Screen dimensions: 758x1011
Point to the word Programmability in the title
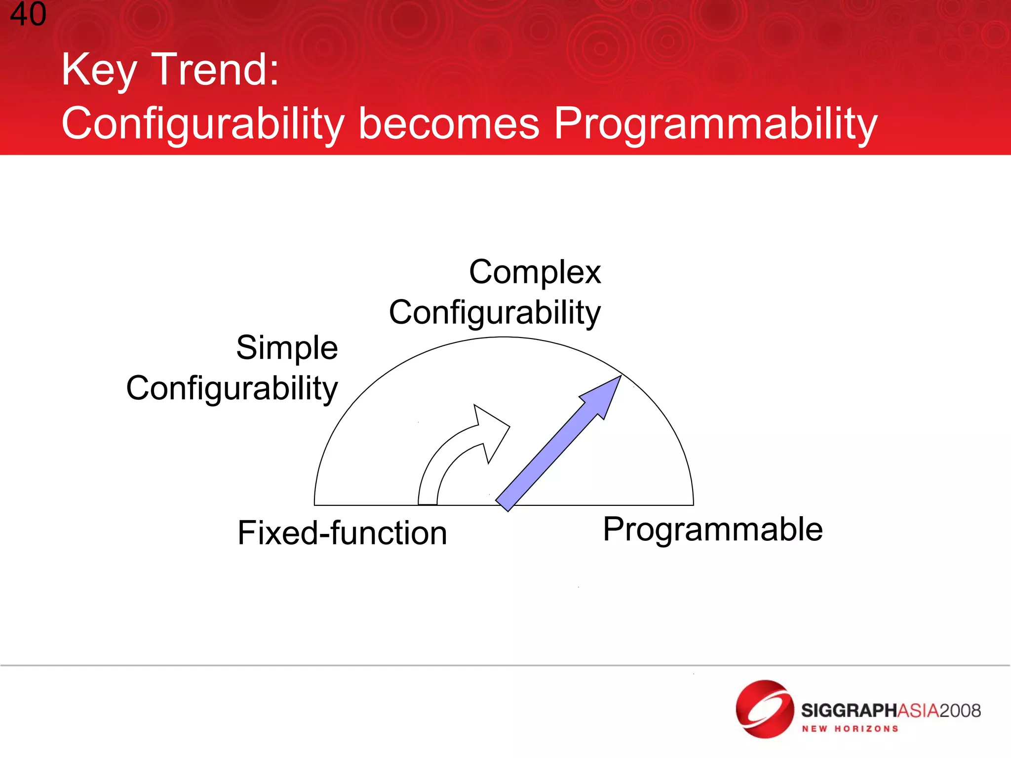point(715,124)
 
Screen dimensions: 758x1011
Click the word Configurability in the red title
point(202,124)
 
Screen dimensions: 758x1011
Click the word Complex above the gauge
point(535,273)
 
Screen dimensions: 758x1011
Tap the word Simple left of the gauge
point(287,348)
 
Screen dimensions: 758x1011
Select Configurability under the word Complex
point(495,313)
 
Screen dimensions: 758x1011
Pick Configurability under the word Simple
point(232,389)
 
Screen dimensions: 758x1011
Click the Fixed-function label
point(342,533)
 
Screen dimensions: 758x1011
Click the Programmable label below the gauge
point(712,530)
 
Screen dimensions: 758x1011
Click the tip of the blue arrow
point(619,378)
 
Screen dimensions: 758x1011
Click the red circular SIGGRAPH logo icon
point(764,709)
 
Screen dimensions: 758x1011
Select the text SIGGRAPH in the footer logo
point(848,711)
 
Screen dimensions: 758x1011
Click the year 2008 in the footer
point(960,711)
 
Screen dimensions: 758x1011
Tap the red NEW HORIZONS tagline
point(850,729)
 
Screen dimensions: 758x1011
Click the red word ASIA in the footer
point(918,711)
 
